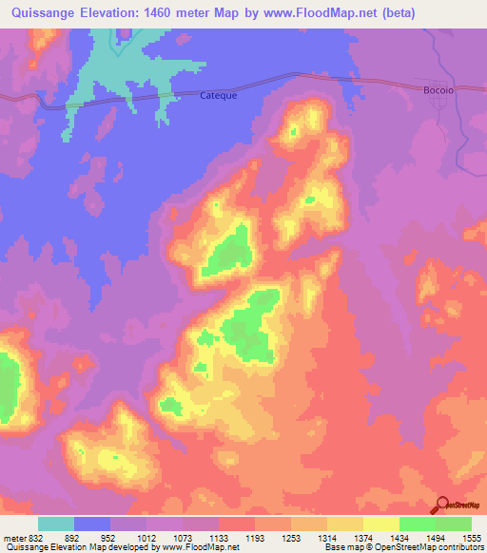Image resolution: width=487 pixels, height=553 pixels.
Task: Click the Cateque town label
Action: [x=218, y=95]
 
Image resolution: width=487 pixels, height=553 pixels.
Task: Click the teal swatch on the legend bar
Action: [x=56, y=524]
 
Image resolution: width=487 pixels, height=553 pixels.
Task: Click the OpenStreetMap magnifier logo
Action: [x=441, y=505]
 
